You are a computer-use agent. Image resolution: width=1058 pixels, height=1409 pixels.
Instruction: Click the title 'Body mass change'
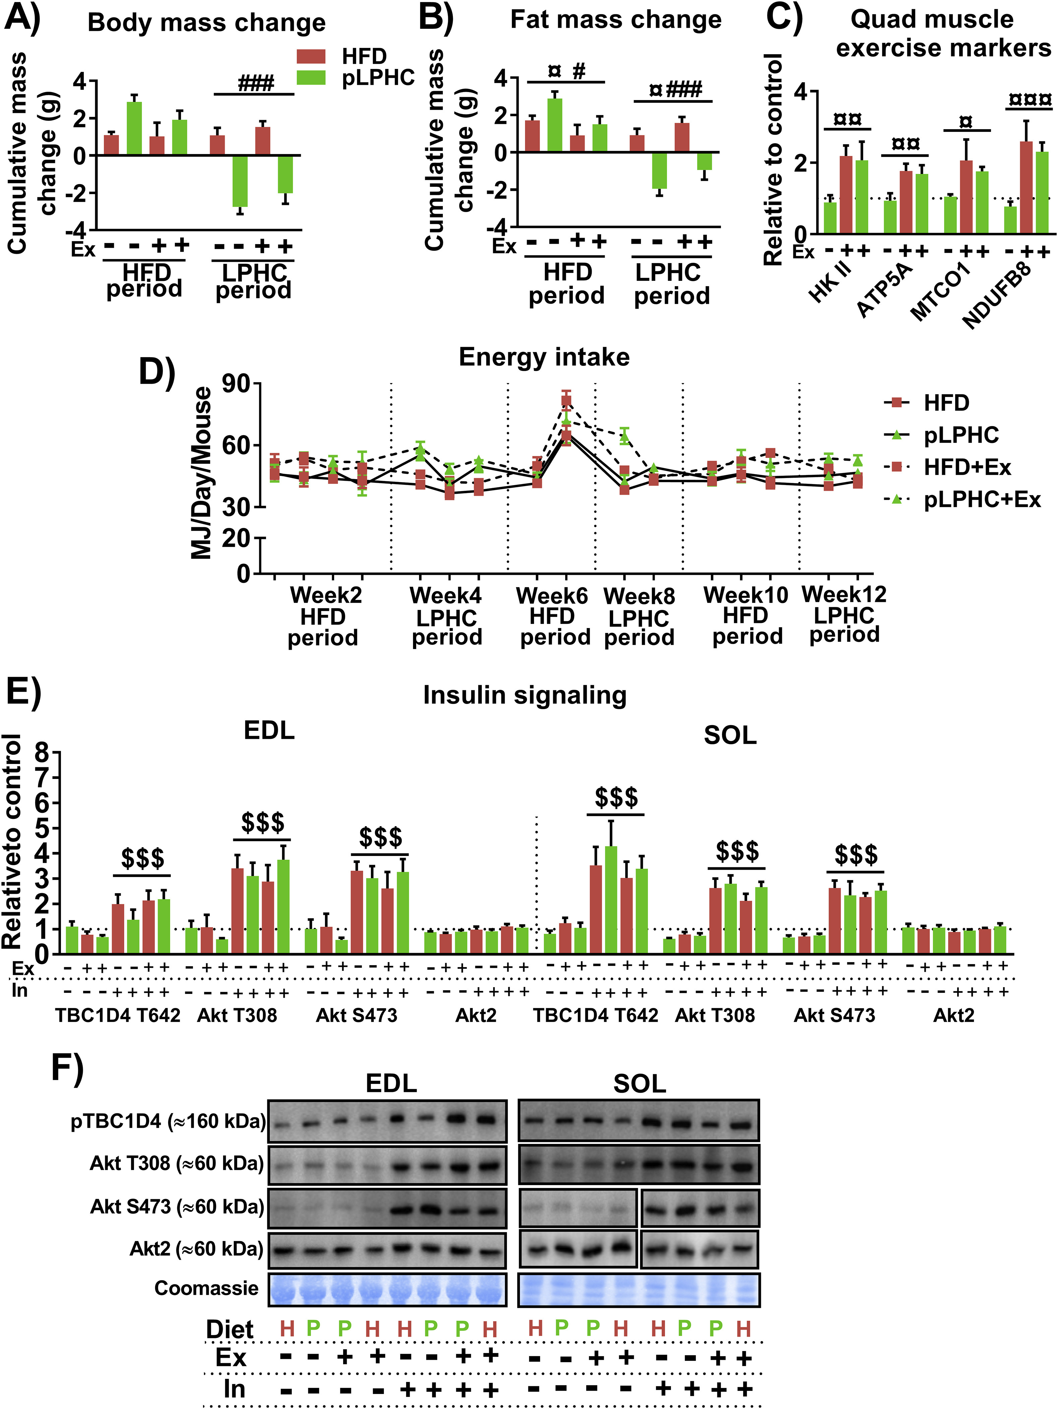click(x=206, y=23)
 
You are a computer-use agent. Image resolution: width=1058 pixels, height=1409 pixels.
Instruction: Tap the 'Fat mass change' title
click(x=616, y=20)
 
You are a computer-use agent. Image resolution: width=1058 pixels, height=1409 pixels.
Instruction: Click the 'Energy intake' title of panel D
click(x=544, y=357)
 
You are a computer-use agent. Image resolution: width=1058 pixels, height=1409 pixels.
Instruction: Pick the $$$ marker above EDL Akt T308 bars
click(x=263, y=823)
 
